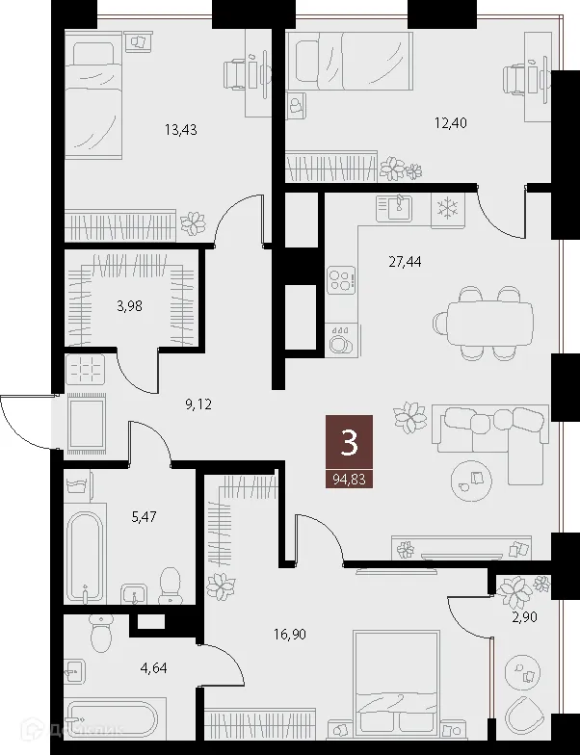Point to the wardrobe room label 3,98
tap(131, 307)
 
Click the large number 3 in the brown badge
tap(349, 442)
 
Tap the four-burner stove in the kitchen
tap(340, 280)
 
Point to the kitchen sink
tap(395, 206)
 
